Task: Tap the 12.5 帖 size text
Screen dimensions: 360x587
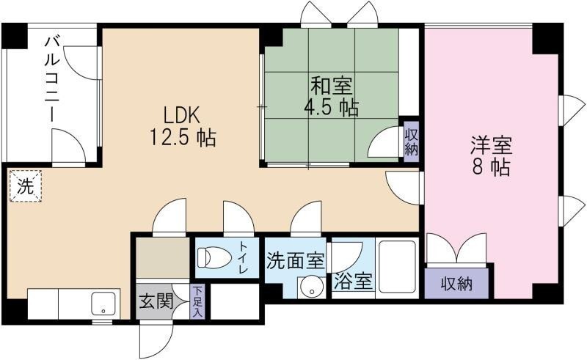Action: point(183,137)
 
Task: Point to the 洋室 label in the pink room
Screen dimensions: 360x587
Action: point(491,144)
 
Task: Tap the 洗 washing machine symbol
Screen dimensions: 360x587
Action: point(26,186)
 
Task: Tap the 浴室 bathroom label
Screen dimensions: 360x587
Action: point(353,282)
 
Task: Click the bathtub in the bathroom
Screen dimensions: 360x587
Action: point(397,267)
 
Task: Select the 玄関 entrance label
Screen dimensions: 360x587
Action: point(155,301)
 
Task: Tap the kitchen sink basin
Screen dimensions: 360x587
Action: point(105,302)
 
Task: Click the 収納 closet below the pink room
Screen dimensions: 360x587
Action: point(456,282)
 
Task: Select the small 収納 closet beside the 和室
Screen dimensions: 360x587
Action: point(411,141)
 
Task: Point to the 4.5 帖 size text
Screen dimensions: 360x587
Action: point(331,108)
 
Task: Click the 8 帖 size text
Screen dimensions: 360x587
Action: point(491,166)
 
